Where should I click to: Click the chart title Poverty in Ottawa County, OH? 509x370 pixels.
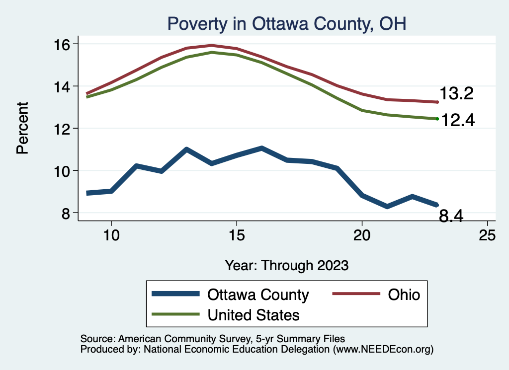(287, 23)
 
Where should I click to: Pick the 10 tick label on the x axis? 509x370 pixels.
(111, 236)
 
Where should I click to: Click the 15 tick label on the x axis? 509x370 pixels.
(236, 236)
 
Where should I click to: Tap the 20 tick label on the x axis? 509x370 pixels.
(362, 236)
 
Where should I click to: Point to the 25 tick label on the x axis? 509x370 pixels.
(487, 236)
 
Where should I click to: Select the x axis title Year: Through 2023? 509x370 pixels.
(287, 265)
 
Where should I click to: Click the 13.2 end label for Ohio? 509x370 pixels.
(455, 93)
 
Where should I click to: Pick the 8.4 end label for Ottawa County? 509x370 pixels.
(451, 217)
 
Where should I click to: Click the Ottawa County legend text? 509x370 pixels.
(258, 295)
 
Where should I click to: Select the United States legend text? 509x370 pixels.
(254, 314)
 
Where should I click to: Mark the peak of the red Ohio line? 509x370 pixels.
(212, 45)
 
